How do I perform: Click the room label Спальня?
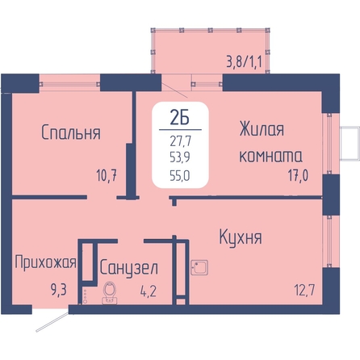[71, 132]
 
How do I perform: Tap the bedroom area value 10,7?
[107, 175]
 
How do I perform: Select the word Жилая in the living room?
[262, 129]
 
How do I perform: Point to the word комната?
[270, 156]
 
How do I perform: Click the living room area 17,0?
[298, 175]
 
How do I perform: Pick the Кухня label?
[241, 237]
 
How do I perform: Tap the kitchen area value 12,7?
[304, 290]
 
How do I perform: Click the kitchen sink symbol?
[199, 267]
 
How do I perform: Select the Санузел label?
[128, 268]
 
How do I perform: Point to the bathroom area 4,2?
[149, 291]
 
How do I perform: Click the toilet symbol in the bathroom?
[110, 293]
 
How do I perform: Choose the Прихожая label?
[45, 262]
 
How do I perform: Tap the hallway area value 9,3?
[58, 290]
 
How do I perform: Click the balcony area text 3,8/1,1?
[244, 61]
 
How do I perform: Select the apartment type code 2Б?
[179, 118]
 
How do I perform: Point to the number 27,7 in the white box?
[180, 140]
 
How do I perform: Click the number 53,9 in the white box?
[180, 157]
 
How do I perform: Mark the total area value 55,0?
[180, 176]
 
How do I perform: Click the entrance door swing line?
[52, 322]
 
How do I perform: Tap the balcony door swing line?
[174, 90]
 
